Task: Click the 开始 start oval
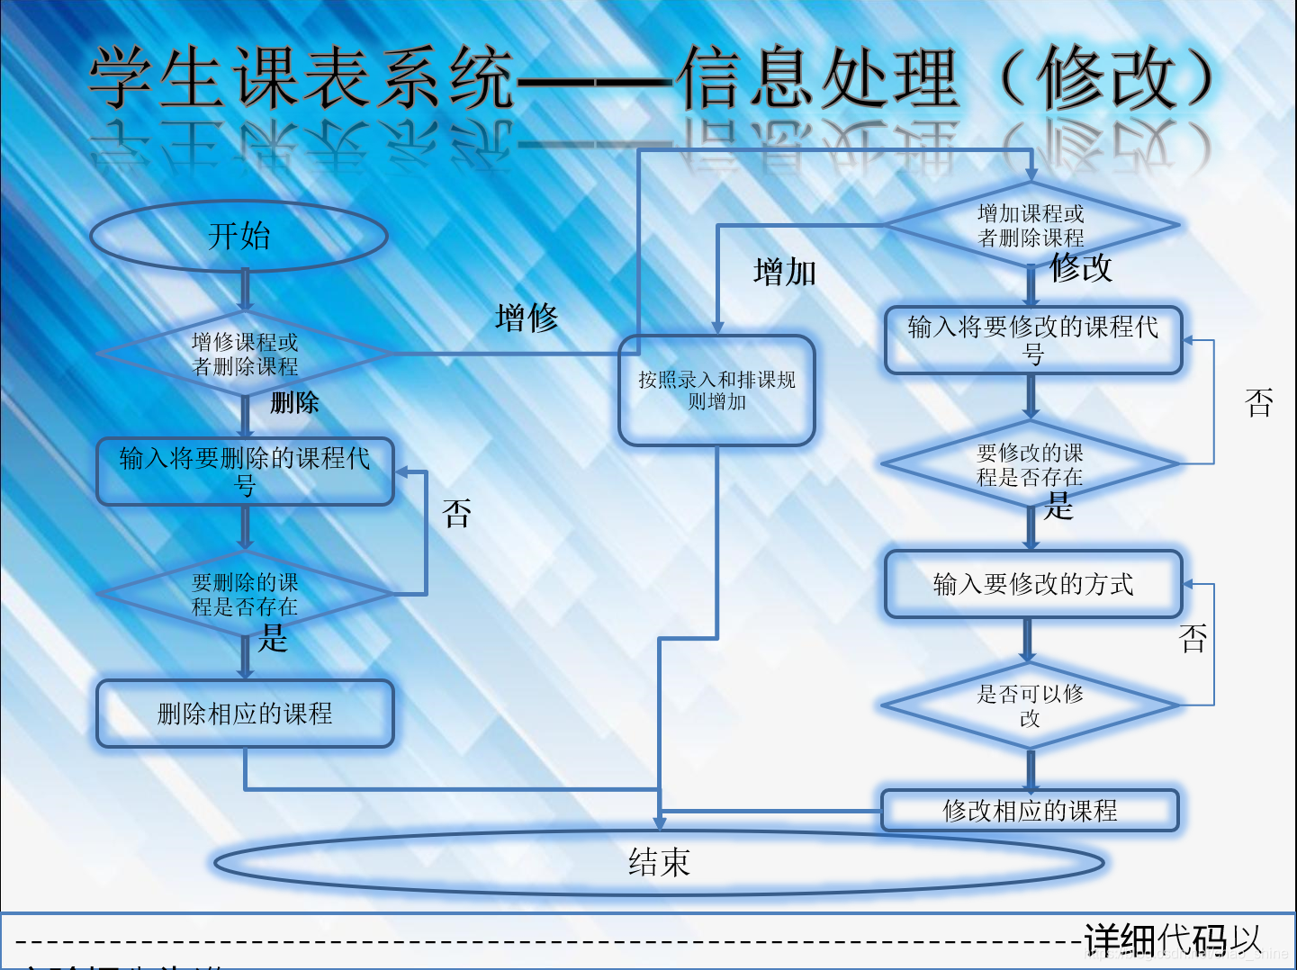239,236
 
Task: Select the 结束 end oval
659,862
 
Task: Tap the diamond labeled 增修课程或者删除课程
245,354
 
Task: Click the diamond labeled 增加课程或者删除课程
1031,225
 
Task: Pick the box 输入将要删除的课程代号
245,472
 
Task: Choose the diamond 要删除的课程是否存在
245,594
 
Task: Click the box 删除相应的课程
245,714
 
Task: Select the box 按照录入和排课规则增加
716,391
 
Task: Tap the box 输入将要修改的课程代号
1032,340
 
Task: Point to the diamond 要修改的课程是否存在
1031,464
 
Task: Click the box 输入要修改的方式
1032,584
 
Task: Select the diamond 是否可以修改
1031,705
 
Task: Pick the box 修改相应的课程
1030,810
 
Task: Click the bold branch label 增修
527,318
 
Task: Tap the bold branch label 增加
785,272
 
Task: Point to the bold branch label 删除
294,402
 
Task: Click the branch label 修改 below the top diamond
1081,267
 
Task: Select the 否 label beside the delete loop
457,514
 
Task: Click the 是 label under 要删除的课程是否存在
273,639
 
